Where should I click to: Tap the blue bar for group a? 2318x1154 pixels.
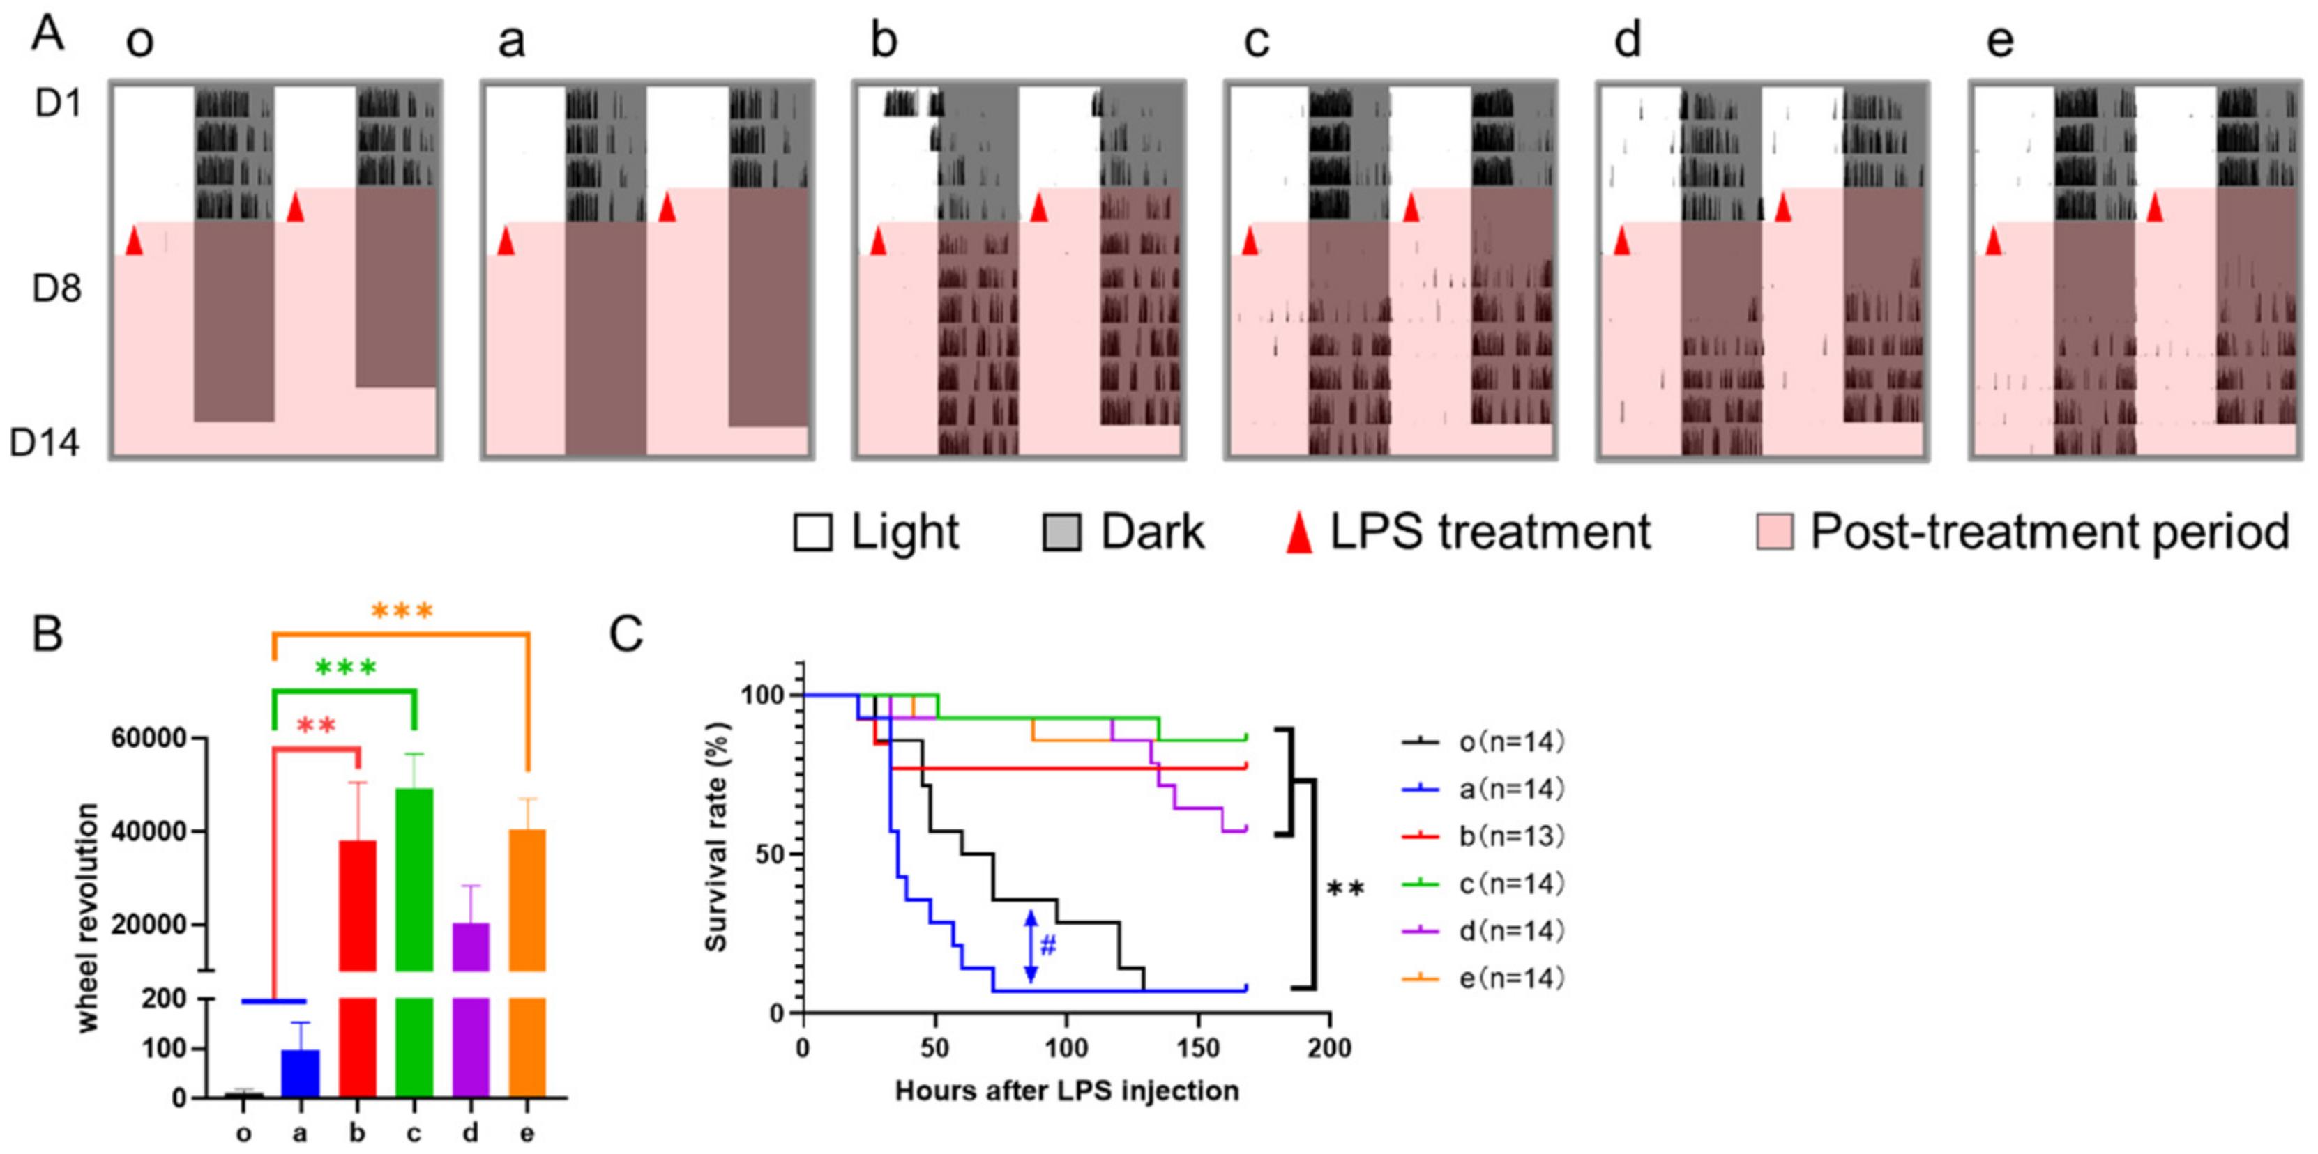(x=301, y=1073)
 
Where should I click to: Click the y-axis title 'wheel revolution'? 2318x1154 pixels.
(x=87, y=918)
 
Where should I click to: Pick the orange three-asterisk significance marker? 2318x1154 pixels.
(x=402, y=612)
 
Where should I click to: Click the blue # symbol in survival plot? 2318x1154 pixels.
(x=1047, y=946)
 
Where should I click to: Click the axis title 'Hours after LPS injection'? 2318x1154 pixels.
(x=1066, y=1091)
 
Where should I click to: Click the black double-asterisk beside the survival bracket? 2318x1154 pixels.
(x=1346, y=890)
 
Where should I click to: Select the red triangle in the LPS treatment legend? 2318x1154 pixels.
(x=1298, y=532)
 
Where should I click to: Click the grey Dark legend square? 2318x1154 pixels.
(x=1062, y=532)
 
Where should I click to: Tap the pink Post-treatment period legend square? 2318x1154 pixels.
(x=1773, y=532)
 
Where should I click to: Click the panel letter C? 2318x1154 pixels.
(x=626, y=634)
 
